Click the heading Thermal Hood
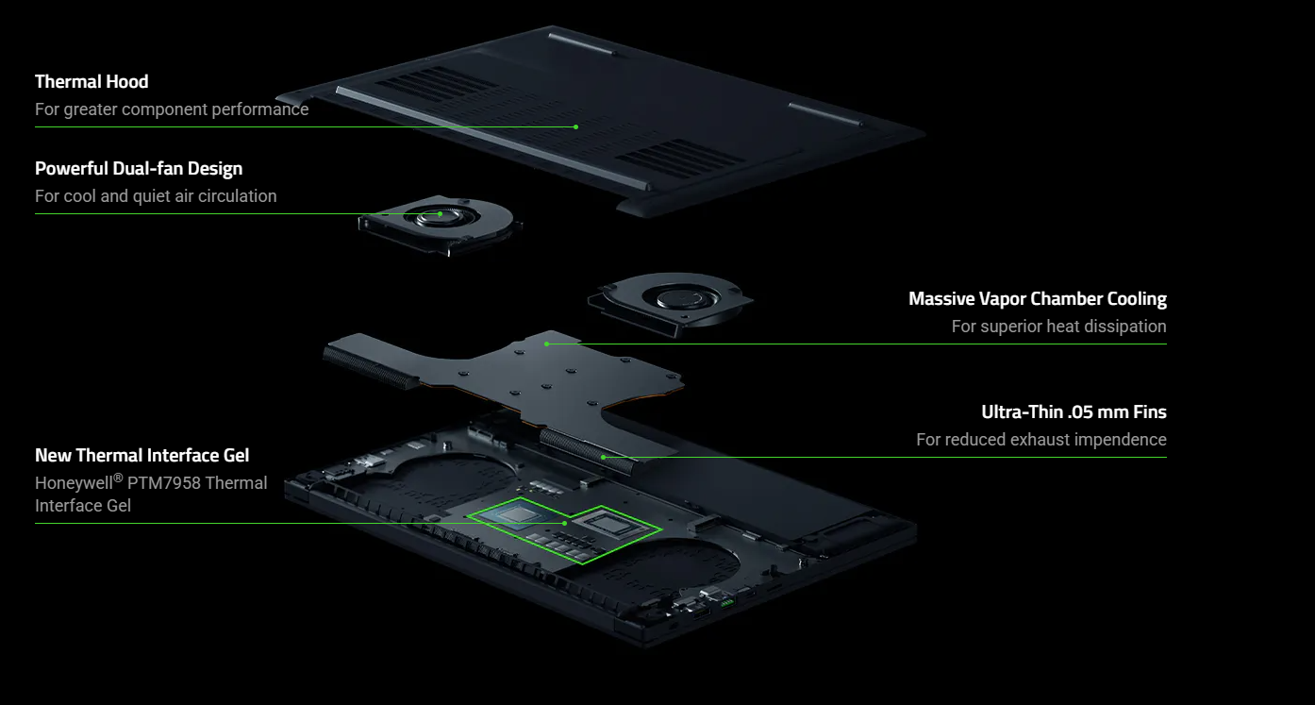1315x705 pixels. [92, 82]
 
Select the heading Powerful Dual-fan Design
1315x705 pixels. [139, 169]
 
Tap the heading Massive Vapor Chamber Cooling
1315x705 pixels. [1038, 299]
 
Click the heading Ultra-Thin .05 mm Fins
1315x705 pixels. [1074, 411]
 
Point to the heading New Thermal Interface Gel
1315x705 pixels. [142, 455]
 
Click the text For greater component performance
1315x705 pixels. [172, 109]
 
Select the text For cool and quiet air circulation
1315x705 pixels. [156, 196]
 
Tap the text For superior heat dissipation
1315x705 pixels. [1059, 327]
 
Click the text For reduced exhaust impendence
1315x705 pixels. [1041, 440]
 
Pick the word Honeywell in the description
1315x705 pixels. [74, 483]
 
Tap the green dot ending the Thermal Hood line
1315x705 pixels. [575, 126]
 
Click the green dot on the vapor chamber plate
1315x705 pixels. [546, 344]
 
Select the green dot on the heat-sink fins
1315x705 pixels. [604, 457]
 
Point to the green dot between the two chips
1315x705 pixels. [565, 524]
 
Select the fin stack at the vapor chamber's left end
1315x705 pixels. [371, 366]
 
